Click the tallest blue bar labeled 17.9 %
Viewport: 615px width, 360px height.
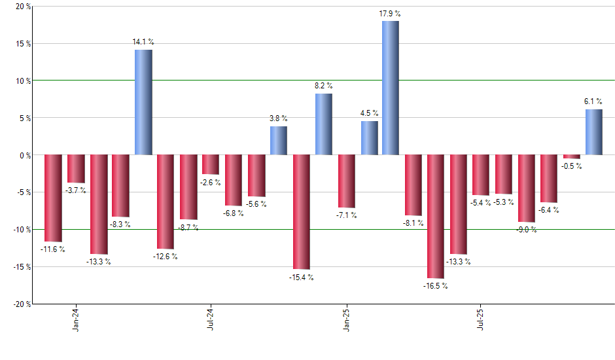pos(391,88)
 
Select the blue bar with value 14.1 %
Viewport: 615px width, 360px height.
pos(143,102)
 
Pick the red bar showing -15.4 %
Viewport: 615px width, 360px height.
pos(301,212)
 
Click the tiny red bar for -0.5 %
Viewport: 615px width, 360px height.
pos(571,156)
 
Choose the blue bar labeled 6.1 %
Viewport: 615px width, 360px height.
pos(593,132)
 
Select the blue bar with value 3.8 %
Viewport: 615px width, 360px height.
pos(278,141)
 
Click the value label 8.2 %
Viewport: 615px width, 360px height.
pos(323,86)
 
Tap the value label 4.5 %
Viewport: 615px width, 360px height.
pos(368,113)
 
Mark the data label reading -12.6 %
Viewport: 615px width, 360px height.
pos(166,256)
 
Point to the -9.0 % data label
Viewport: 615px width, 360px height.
pos(527,230)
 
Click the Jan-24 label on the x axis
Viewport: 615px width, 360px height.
pos(76,317)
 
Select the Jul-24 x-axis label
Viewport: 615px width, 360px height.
pos(211,317)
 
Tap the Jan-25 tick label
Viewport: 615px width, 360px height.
pos(345,317)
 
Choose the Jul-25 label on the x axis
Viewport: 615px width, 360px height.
pos(481,317)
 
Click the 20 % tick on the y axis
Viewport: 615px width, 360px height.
pos(22,7)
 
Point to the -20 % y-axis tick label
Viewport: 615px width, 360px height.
pos(21,304)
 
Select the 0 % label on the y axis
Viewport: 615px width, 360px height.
pos(25,155)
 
